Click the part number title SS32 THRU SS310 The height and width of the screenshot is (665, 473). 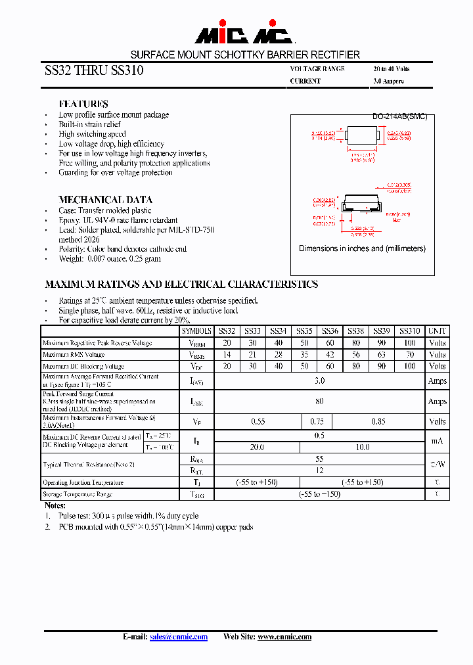point(94,71)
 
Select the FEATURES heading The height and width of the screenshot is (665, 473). point(83,104)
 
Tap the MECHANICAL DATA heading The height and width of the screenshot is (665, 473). point(105,200)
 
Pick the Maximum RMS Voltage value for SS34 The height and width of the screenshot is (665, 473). point(279,355)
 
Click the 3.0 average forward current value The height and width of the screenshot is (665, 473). point(319,380)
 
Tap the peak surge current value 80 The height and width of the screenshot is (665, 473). point(319,401)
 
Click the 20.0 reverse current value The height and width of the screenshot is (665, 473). point(257,447)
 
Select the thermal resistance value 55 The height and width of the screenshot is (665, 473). point(319,460)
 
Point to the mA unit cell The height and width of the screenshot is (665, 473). point(437,442)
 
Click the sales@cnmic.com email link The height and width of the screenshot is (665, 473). point(178,637)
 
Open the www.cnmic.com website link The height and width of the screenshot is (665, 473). point(284,637)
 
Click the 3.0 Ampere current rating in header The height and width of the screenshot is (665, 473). point(388,81)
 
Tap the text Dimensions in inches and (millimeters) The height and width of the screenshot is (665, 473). point(362,249)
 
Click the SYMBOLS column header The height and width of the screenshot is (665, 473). point(196,332)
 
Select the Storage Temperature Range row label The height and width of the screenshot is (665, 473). point(78,494)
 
